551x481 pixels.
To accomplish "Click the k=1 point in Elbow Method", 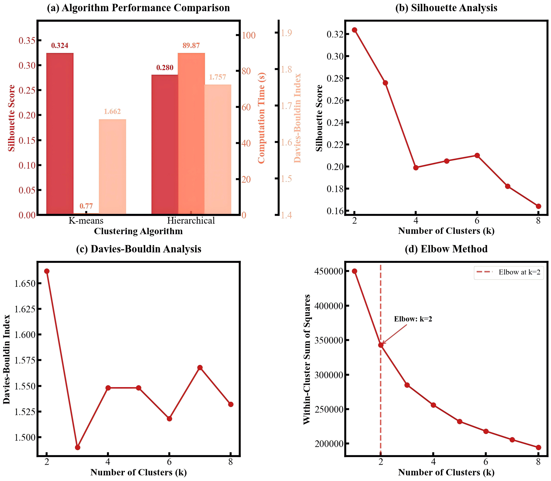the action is pyautogui.click(x=355, y=271).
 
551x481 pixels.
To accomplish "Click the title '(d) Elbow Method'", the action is pyautogui.click(x=446, y=249).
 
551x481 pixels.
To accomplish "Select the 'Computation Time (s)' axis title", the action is pyautogui.click(x=261, y=118).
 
